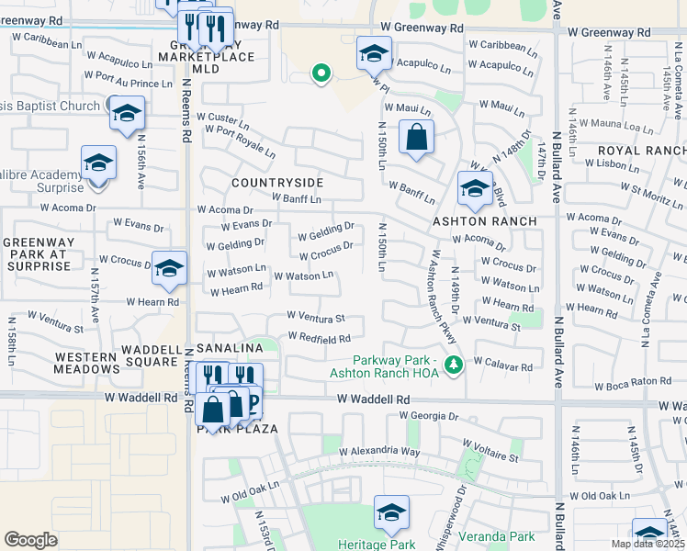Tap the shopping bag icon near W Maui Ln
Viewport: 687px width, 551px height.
[416, 138]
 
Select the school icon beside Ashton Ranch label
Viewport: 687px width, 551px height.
[474, 189]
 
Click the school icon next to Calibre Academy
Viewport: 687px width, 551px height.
[98, 163]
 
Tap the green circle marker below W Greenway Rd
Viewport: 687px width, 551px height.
[321, 73]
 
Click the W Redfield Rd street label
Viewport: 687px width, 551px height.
[319, 338]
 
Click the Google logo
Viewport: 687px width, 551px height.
[31, 539]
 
